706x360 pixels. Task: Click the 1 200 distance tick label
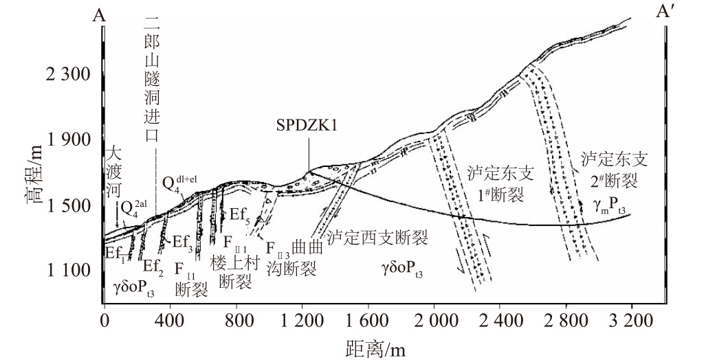coord(302,321)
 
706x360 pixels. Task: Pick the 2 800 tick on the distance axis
coord(566,321)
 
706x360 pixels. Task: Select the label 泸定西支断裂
coord(377,238)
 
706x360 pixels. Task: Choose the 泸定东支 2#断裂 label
coord(614,170)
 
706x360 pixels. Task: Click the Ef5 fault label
coord(240,212)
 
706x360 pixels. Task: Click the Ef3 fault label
coord(182,242)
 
